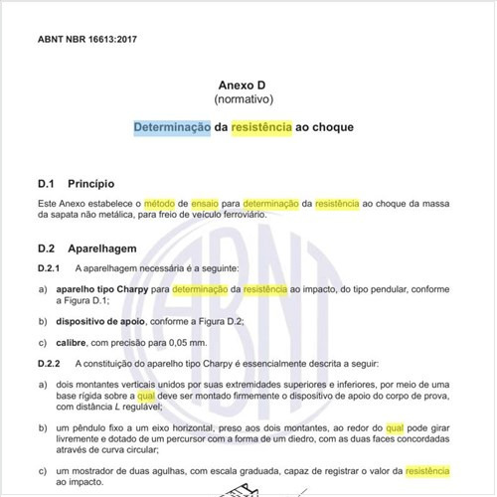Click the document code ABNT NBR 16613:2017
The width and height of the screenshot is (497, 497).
click(x=86, y=40)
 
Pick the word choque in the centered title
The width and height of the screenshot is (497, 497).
click(x=331, y=128)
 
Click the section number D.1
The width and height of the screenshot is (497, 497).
click(x=47, y=184)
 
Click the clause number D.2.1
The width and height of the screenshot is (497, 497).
click(x=49, y=268)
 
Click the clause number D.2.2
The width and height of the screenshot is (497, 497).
click(x=49, y=363)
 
